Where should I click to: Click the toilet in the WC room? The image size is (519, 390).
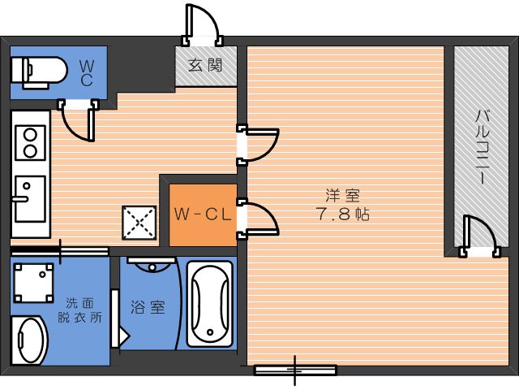[39, 72]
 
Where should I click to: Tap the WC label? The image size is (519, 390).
[87, 74]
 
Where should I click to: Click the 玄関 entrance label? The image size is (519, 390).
[205, 65]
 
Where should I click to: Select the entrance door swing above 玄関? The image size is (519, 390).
[202, 24]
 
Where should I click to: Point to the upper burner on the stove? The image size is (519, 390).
[30, 135]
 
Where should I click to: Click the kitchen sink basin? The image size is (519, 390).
[30, 198]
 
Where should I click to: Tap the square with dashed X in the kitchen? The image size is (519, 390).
[139, 223]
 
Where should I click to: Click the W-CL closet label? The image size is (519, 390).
[202, 214]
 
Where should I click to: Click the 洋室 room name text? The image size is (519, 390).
[343, 195]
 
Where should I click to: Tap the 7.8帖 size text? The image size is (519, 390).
[343, 214]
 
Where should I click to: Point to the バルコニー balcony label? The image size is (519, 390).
[482, 147]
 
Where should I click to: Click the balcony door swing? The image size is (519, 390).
[480, 236]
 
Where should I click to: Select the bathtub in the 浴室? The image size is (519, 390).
[209, 304]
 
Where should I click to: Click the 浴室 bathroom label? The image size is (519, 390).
[148, 307]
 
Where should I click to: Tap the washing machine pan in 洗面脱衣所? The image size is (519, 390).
[33, 283]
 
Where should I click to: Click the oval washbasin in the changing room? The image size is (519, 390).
[30, 340]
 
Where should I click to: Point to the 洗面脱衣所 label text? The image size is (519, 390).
[79, 310]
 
